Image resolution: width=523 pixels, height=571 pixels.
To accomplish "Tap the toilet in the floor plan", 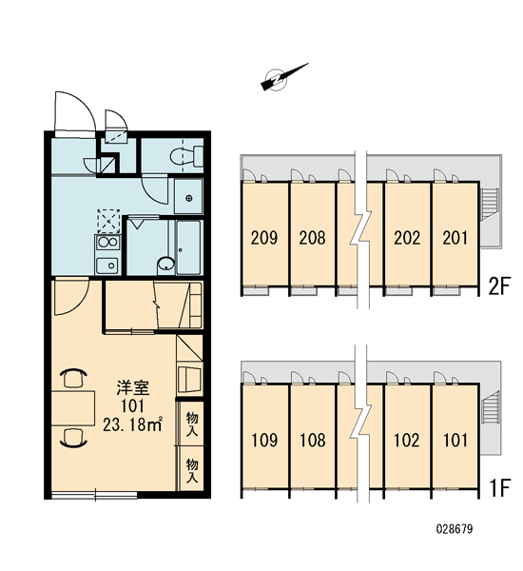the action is (186, 156).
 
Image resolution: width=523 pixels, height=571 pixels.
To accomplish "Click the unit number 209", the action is (264, 238).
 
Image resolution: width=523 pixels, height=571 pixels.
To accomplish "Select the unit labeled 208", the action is (312, 238).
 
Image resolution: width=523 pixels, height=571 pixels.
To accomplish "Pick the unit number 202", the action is (407, 238).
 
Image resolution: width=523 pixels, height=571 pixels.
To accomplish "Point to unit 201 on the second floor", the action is (455, 238).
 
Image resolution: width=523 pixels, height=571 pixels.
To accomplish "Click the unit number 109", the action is (264, 440).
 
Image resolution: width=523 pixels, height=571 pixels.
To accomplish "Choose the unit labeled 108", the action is (312, 440).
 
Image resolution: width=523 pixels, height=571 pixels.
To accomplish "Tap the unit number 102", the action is (407, 440).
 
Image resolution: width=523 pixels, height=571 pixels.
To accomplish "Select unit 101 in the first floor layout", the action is (455, 440).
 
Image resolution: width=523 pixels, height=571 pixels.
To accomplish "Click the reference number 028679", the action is (455, 529).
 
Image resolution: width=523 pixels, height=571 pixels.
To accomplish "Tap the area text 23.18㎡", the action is (132, 424).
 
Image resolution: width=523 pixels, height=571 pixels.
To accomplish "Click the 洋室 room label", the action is (133, 388).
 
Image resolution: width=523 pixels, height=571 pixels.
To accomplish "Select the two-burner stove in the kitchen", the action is (107, 243).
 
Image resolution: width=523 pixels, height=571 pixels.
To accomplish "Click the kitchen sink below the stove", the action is (107, 266).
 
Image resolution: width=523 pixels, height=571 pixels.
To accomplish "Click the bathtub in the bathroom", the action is (188, 247).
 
